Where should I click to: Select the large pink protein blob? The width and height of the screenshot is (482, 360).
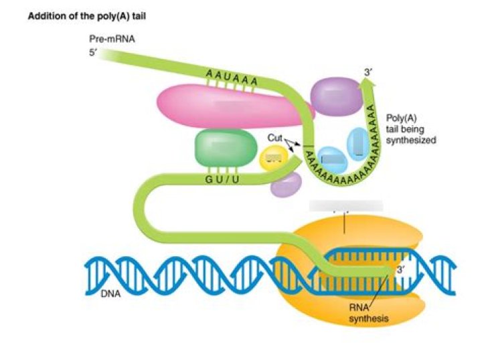221,107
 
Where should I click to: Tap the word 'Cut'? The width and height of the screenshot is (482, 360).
275,137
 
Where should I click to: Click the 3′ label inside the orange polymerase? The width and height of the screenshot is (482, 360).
401,270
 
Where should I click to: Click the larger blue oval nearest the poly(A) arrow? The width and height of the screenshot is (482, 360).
358,143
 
